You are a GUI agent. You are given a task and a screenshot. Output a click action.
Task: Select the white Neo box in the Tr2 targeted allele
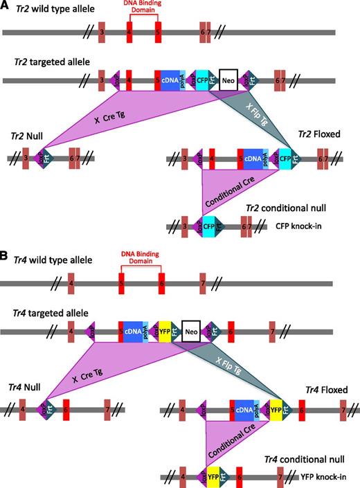tap(228, 80)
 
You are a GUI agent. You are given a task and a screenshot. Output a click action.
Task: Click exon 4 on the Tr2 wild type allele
tap(129, 32)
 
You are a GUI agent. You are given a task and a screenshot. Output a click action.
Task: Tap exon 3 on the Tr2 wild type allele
tap(102, 32)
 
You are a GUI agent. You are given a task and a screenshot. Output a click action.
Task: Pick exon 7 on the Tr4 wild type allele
tap(202, 283)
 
